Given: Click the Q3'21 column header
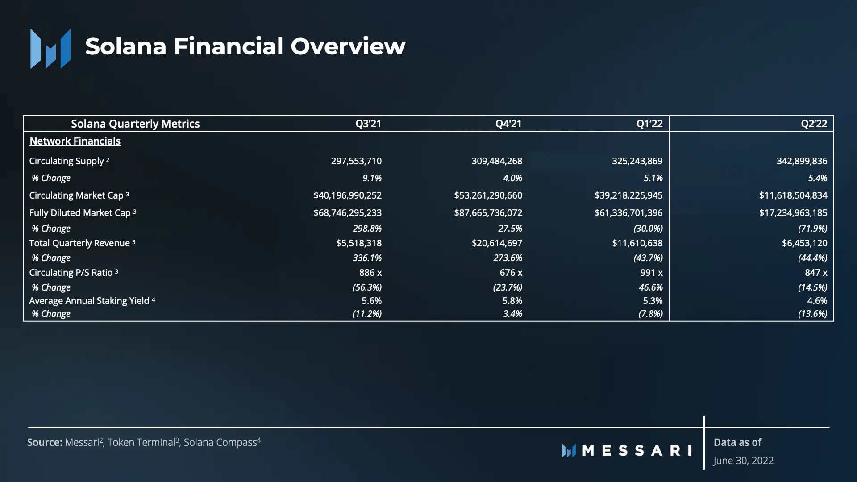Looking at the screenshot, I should (x=368, y=124).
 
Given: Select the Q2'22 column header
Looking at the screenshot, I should (x=814, y=124).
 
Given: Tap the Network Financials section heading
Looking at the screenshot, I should (x=75, y=141).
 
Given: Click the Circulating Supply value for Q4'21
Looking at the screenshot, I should (x=496, y=161).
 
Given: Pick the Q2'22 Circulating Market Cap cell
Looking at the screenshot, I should (x=793, y=195).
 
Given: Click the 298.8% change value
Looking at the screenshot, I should (x=367, y=229).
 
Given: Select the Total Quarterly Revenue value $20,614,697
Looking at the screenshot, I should (x=496, y=243).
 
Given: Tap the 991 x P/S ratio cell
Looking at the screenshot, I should (x=651, y=273).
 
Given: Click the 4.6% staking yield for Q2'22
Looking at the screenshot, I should (x=817, y=301).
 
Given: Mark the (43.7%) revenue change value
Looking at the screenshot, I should (x=648, y=258).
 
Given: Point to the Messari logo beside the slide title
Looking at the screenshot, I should (x=50, y=48).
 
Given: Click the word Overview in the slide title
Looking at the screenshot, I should (x=348, y=46).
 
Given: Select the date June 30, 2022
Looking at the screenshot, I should (x=743, y=461).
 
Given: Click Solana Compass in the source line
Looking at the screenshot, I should (x=220, y=442).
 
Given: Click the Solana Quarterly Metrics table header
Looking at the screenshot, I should (x=135, y=124).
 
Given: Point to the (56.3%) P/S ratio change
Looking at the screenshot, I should (x=367, y=287).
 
